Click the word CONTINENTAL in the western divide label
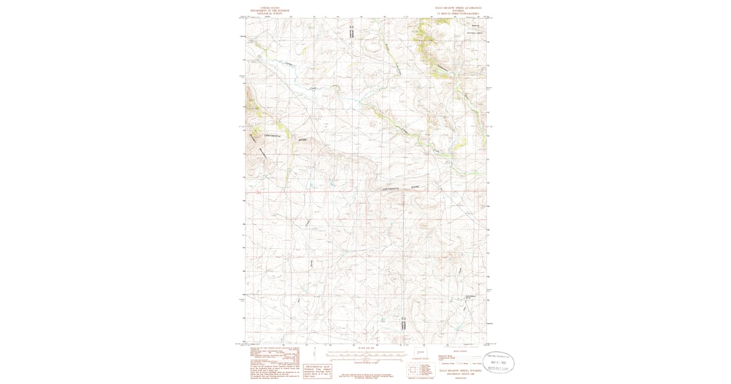pos(269,135)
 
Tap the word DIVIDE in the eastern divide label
pos(415,185)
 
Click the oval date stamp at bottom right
pos(499,363)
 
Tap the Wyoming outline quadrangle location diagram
pos(420,353)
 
